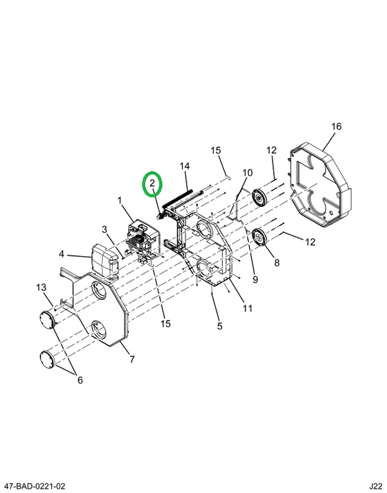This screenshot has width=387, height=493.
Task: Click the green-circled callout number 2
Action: tap(152, 183)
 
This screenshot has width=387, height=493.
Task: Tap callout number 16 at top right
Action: tap(336, 127)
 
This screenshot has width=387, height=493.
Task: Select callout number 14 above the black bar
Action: tap(185, 166)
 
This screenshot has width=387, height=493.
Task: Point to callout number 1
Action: tap(120, 200)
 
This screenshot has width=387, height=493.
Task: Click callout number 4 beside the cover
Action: tap(61, 254)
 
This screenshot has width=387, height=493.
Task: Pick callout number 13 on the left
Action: tap(41, 288)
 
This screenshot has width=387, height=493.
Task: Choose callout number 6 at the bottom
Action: tap(80, 380)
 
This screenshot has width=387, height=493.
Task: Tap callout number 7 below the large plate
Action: tap(132, 359)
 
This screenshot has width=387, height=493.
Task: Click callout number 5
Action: tap(219, 326)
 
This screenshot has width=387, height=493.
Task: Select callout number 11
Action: tap(248, 308)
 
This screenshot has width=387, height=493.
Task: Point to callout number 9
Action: tap(255, 279)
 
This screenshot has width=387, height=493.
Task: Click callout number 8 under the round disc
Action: tap(277, 262)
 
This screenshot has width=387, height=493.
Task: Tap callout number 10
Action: tap(248, 173)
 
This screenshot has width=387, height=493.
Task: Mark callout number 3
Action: tap(105, 229)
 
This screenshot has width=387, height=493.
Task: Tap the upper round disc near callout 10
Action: tap(260, 197)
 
